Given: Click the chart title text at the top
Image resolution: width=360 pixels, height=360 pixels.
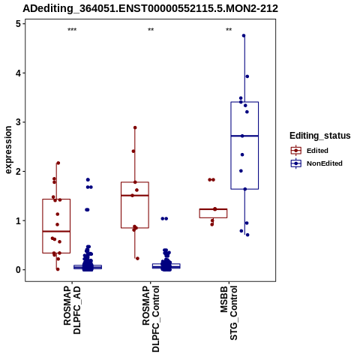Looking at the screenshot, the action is pyautogui.click(x=150, y=9).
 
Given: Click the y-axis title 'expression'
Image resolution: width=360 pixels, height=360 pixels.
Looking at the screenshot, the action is pyautogui.click(x=8, y=150).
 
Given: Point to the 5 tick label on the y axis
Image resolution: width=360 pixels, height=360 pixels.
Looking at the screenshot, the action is pyautogui.click(x=18, y=24).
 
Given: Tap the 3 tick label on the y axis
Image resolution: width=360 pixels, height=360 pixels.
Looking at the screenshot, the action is pyautogui.click(x=18, y=122).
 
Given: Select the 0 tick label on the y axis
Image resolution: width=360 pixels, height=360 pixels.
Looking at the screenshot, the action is pyautogui.click(x=18, y=270).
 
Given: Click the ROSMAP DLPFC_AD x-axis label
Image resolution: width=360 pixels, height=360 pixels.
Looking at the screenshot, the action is pyautogui.click(x=72, y=310).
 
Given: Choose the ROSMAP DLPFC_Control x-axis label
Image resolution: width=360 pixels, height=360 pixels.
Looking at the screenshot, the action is pyautogui.click(x=151, y=319).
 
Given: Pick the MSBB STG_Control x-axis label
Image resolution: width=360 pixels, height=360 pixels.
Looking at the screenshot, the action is pyautogui.click(x=229, y=313).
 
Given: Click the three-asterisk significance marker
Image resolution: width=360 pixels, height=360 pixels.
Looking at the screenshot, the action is pyautogui.click(x=72, y=30).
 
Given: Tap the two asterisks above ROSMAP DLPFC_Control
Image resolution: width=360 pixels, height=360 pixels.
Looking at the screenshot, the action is pyautogui.click(x=151, y=30).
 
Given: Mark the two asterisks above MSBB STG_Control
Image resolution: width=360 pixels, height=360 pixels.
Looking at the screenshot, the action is pyautogui.click(x=229, y=30).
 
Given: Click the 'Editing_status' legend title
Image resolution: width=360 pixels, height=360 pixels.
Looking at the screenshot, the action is pyautogui.click(x=320, y=136).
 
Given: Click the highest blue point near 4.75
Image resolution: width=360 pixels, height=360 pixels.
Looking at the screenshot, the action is pyautogui.click(x=244, y=36).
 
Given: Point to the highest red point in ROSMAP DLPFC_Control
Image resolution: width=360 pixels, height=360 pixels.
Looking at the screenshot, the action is pyautogui.click(x=135, y=127).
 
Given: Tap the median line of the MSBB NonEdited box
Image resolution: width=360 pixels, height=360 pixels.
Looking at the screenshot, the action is pyautogui.click(x=244, y=136).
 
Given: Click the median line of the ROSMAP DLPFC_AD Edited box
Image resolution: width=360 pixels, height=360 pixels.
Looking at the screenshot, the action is pyautogui.click(x=56, y=232).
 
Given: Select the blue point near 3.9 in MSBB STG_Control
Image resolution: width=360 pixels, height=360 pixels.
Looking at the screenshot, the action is pyautogui.click(x=247, y=76).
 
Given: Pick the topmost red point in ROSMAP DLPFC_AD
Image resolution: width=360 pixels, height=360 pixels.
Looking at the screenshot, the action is pyautogui.click(x=58, y=163).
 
